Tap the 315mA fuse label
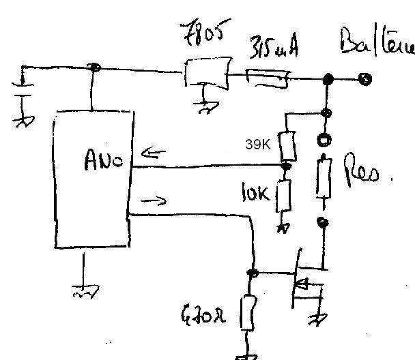click(272, 48)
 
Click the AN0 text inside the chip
click(103, 161)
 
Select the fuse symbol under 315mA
click(268, 78)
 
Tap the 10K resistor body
click(285, 194)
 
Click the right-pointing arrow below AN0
click(153, 200)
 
